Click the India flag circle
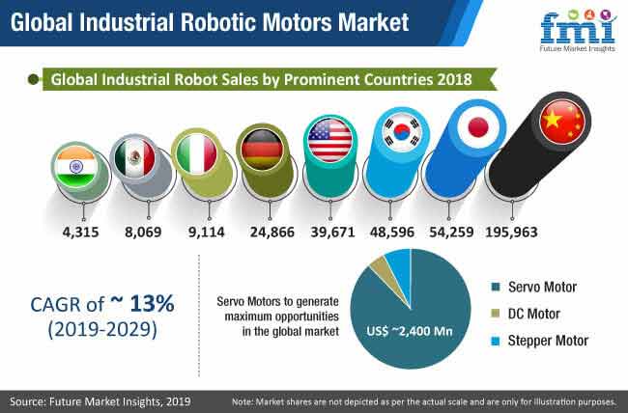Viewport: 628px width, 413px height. pyautogui.click(x=76, y=167)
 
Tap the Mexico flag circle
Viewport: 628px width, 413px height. pyautogui.click(x=134, y=157)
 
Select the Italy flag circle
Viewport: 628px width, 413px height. pyautogui.click(x=197, y=154)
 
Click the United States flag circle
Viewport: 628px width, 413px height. pyautogui.click(x=330, y=140)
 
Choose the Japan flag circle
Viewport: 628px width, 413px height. pyautogui.click(x=478, y=127)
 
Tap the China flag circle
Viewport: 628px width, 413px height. pyautogui.click(x=562, y=122)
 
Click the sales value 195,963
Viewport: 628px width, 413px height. pyautogui.click(x=511, y=233)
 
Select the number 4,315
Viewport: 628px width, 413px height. pyautogui.click(x=80, y=233)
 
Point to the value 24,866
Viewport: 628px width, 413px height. pyautogui.click(x=271, y=233)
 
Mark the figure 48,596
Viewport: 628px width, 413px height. pyautogui.click(x=392, y=233)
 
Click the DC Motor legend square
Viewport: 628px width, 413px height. pyautogui.click(x=496, y=314)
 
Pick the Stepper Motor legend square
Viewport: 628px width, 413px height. pyautogui.click(x=496, y=341)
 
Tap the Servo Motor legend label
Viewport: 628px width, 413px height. pyautogui.click(x=542, y=287)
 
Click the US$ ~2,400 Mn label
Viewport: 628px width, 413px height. pyautogui.click(x=410, y=331)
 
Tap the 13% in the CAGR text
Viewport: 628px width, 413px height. pyautogui.click(x=152, y=303)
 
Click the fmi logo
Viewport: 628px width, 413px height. pyautogui.click(x=578, y=31)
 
